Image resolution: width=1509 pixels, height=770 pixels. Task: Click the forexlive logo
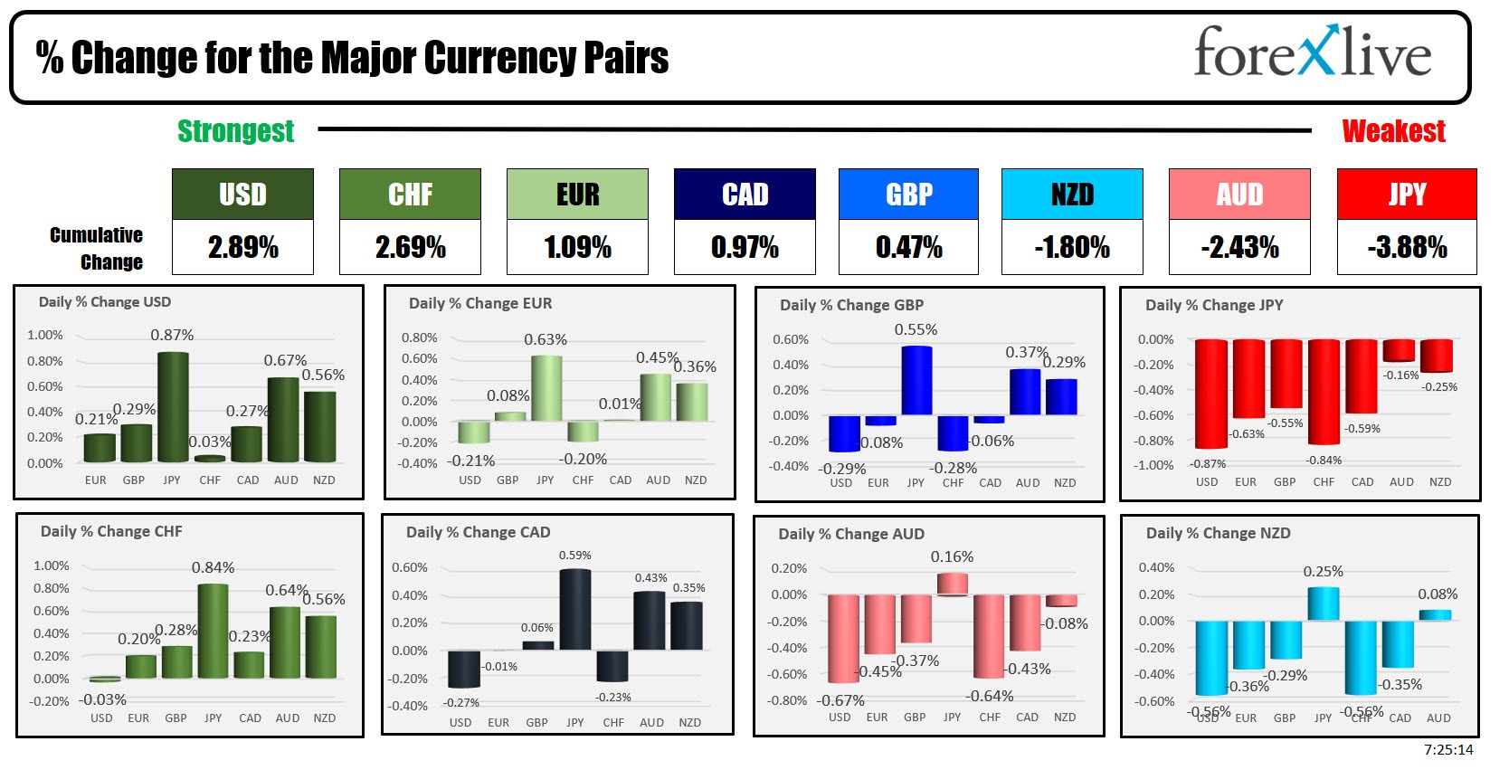(x=1312, y=52)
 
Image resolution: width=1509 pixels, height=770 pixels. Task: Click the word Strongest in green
(x=235, y=131)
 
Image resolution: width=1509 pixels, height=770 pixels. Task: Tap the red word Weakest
(x=1393, y=131)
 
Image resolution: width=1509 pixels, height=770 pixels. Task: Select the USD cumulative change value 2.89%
(x=242, y=247)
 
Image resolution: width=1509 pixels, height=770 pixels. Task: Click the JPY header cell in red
(x=1407, y=194)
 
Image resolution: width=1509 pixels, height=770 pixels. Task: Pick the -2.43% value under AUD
(x=1239, y=247)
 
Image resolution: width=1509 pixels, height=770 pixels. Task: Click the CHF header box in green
(x=410, y=194)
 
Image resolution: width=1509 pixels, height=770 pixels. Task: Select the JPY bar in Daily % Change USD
(x=173, y=407)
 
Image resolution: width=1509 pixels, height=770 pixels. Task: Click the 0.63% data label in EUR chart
(x=546, y=339)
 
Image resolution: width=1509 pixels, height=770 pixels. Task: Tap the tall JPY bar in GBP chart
(x=916, y=380)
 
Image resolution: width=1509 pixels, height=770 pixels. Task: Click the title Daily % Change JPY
(x=1213, y=305)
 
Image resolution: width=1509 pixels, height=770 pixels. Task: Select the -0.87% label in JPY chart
(x=1208, y=463)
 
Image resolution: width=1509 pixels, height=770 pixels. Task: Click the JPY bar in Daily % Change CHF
(x=213, y=631)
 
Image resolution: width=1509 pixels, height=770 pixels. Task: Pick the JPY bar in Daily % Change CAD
(x=575, y=609)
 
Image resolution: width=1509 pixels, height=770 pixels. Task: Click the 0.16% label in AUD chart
(x=952, y=556)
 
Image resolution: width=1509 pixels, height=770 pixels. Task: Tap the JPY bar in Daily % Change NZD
(x=1324, y=604)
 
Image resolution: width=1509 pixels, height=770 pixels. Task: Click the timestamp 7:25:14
(x=1447, y=749)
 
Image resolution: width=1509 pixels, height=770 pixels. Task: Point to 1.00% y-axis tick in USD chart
(x=45, y=335)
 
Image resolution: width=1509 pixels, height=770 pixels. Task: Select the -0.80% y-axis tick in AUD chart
(x=787, y=700)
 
